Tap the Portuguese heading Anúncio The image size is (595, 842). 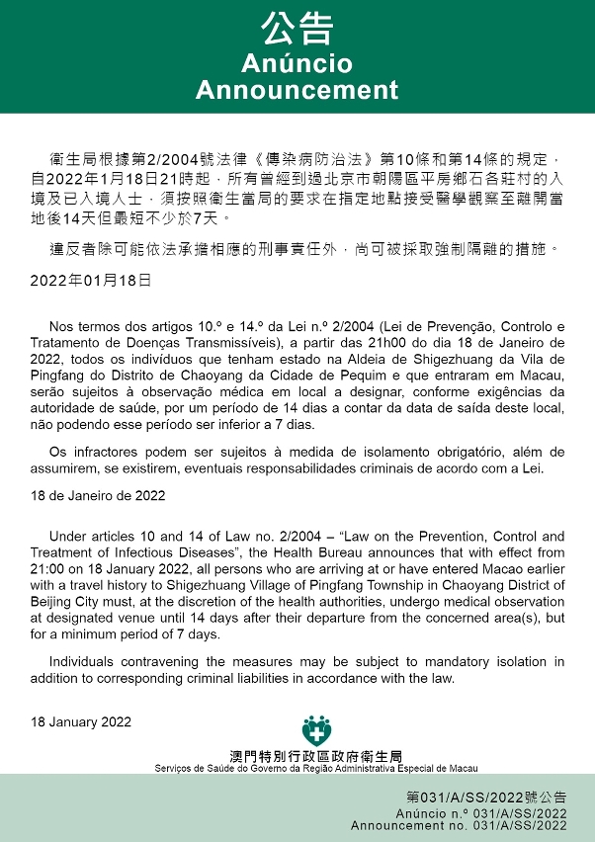[x=297, y=64]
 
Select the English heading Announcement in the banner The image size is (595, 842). [x=297, y=90]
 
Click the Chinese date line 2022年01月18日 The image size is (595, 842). [x=91, y=280]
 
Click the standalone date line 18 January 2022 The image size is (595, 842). [x=81, y=722]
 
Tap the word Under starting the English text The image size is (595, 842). [x=69, y=538]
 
